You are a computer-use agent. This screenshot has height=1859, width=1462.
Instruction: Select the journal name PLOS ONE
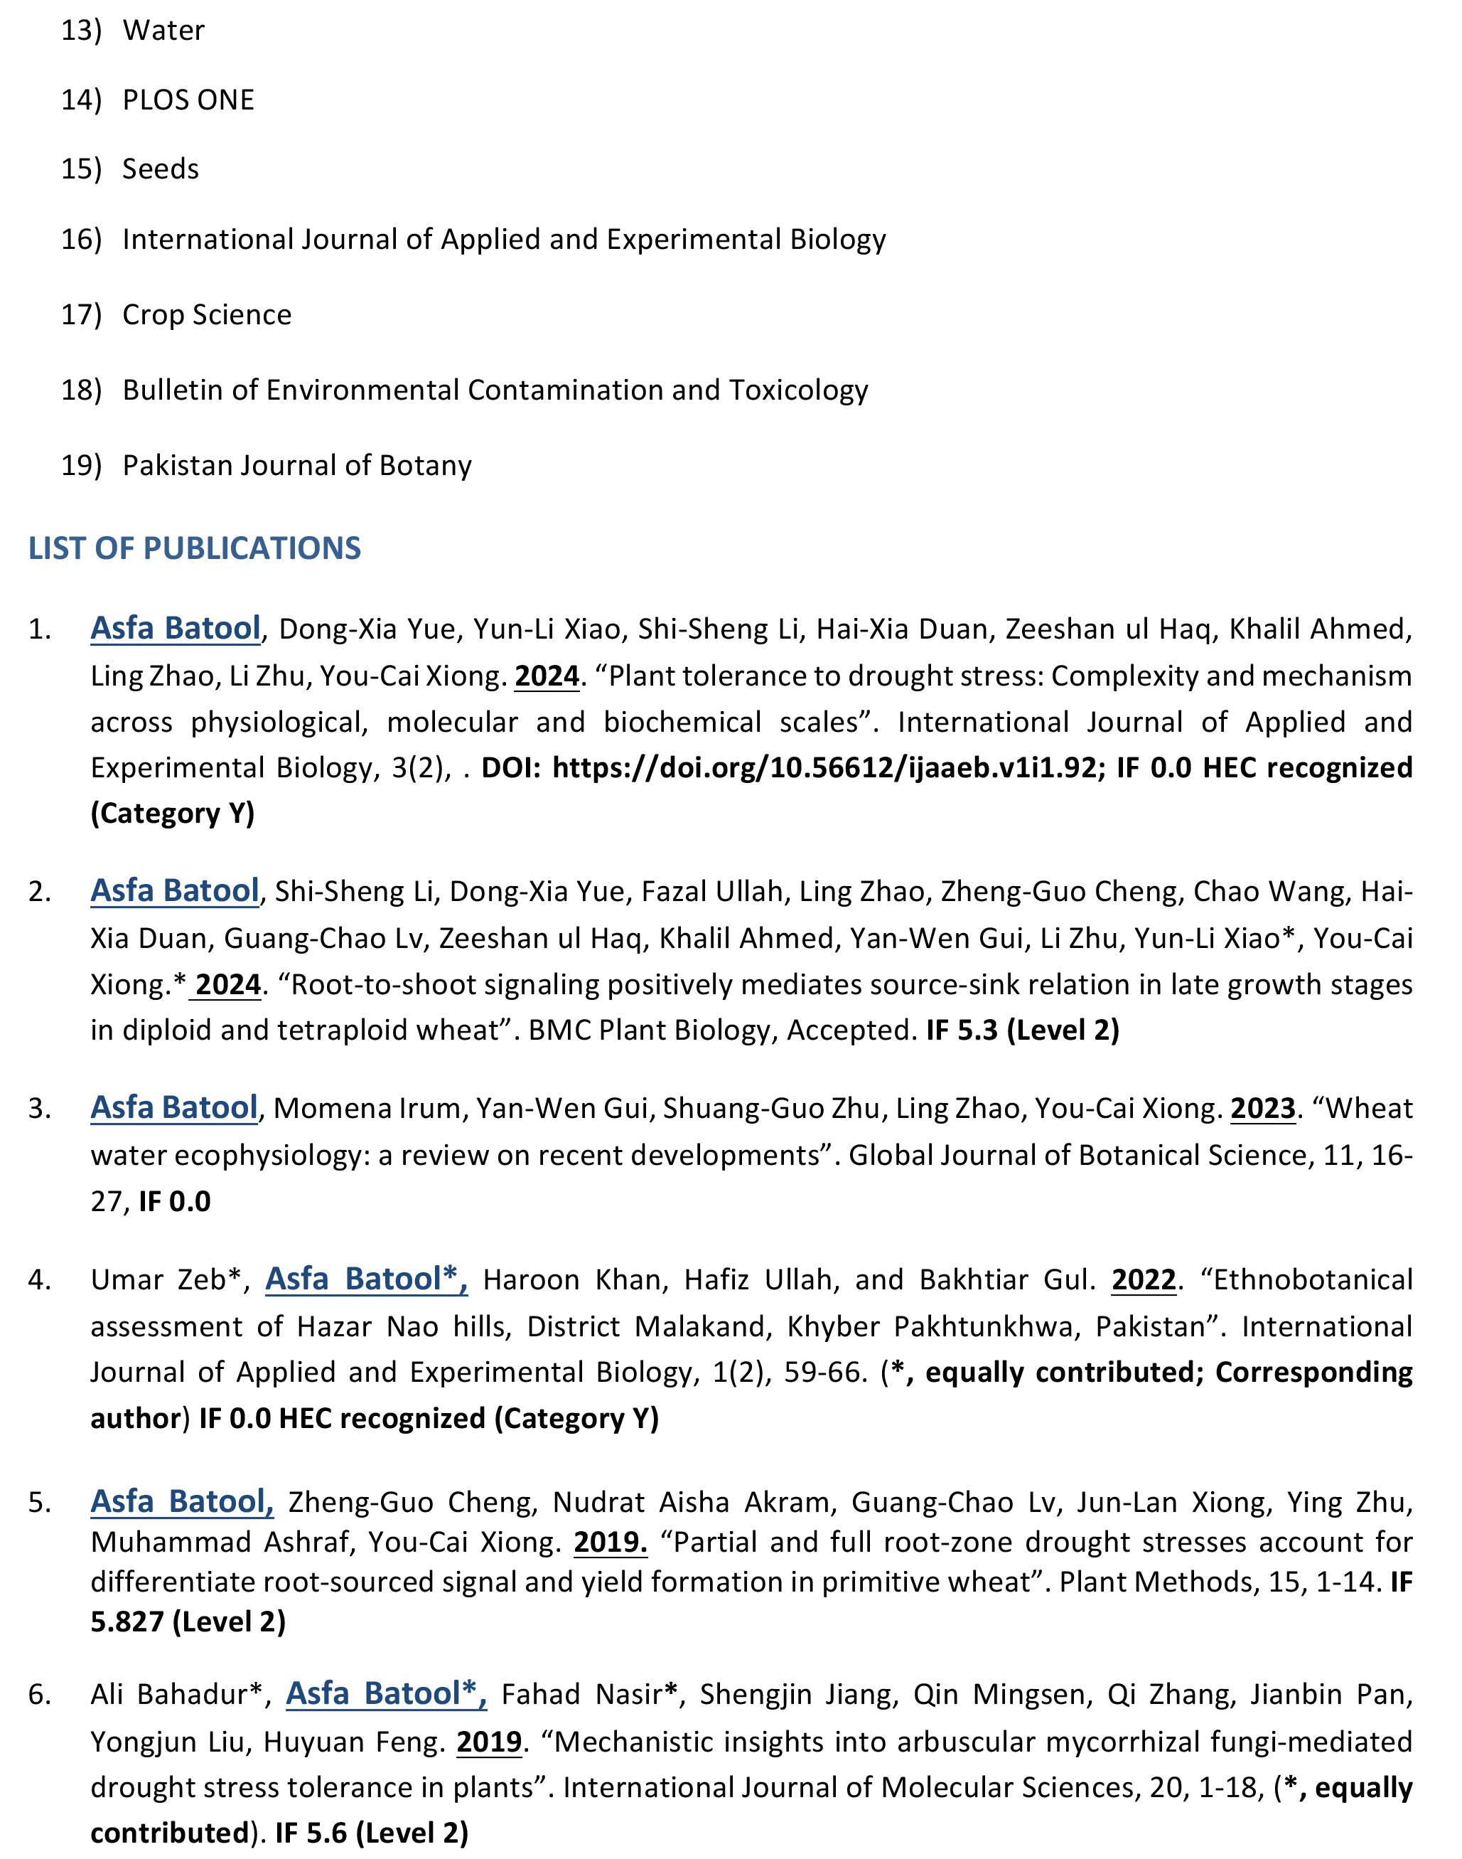188,100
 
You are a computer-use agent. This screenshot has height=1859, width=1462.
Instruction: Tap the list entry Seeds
160,169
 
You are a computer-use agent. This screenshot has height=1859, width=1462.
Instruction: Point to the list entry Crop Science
206,314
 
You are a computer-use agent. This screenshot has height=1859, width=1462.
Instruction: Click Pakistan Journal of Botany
297,465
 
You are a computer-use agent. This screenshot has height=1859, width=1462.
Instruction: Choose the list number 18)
80,390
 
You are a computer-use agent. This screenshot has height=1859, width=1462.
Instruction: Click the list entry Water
163,31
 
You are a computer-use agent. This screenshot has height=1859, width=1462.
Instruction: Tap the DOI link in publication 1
824,767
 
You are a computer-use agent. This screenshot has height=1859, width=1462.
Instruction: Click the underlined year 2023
1262,1108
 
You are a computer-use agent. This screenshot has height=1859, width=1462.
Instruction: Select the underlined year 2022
1144,1279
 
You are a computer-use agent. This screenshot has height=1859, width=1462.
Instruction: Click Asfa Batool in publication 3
175,1107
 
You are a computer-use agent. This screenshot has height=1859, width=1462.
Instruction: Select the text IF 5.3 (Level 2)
1022,1029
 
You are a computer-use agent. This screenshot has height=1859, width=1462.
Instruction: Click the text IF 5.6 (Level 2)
372,1833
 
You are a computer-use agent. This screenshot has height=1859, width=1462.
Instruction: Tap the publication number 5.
38,1502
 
